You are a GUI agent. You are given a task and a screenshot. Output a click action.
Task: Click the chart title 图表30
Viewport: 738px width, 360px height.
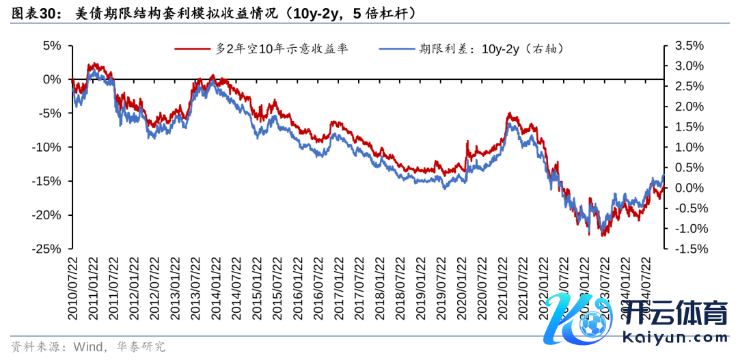point(34,12)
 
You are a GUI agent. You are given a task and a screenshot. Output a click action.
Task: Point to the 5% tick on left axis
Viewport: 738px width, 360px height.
point(52,46)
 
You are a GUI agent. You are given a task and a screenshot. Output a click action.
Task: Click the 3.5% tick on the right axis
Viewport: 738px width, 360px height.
point(689,46)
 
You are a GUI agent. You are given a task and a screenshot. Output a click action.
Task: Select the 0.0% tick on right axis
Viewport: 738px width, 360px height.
point(689,188)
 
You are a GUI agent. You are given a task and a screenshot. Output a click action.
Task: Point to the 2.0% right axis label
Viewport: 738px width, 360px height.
point(689,107)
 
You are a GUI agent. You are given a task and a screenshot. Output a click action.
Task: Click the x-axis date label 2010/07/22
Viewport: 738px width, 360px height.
point(73,288)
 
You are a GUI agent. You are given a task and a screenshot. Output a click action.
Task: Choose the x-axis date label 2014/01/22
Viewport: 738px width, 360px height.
point(217,288)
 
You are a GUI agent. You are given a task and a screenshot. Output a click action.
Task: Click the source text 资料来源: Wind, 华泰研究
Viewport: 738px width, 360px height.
point(88,347)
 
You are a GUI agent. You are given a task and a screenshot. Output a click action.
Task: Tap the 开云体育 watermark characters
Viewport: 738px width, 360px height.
point(676,315)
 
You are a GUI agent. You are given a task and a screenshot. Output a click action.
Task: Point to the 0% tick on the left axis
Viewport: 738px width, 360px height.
point(52,79)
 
